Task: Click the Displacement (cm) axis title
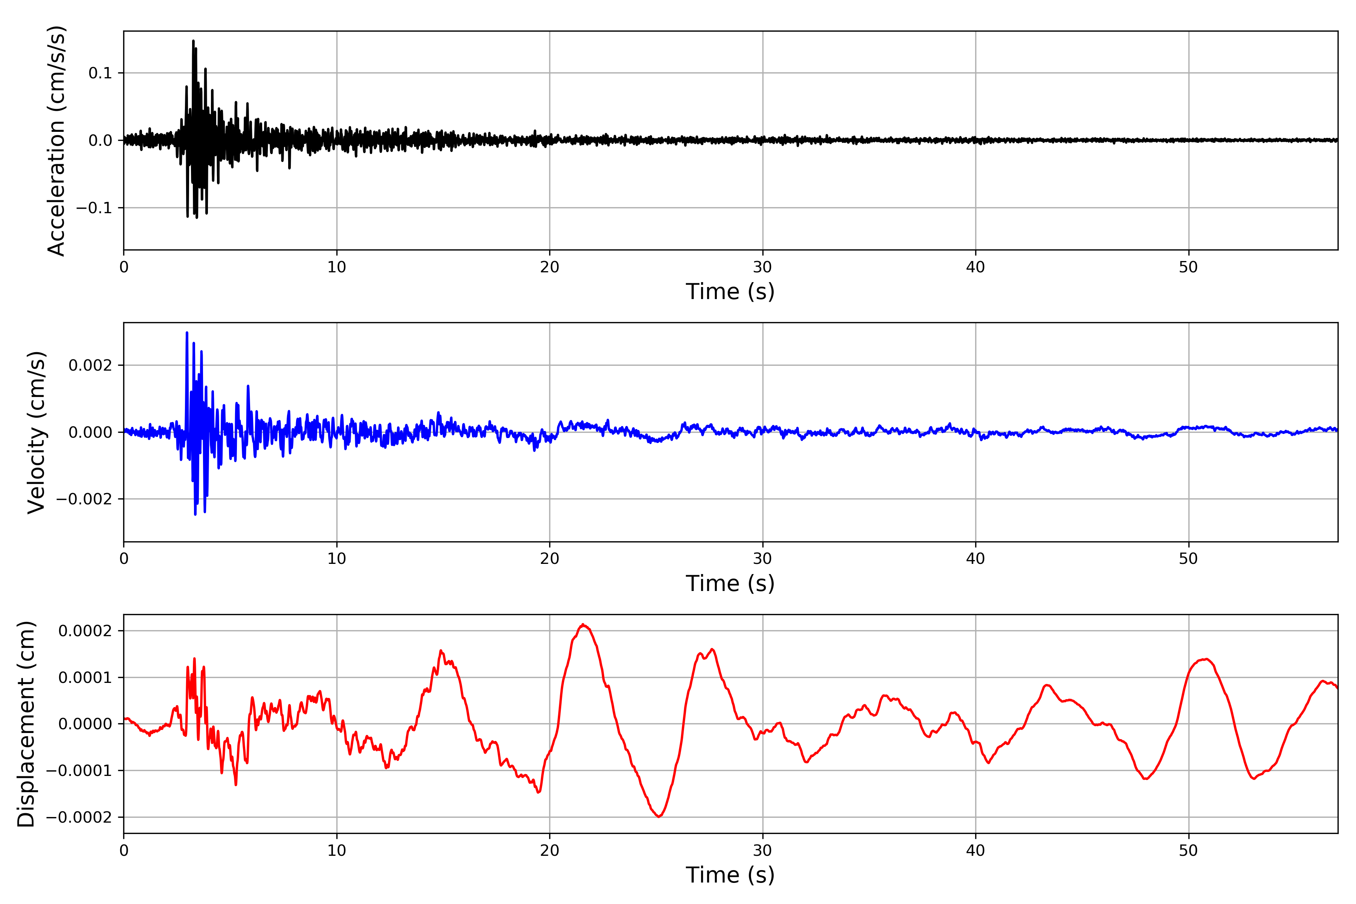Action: (x=26, y=724)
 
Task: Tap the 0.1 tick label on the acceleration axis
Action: (x=100, y=73)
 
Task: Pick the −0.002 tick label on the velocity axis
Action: (x=84, y=499)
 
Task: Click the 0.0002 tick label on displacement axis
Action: (x=85, y=631)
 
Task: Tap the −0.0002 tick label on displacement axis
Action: (x=79, y=817)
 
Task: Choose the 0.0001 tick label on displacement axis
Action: (x=85, y=677)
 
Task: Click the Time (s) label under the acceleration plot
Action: (x=730, y=292)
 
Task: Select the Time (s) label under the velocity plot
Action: (x=730, y=583)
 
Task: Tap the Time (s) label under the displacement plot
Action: (x=730, y=875)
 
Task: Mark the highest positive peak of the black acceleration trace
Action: (x=193, y=41)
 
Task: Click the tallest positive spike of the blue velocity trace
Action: (x=187, y=333)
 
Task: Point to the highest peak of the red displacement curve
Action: (x=583, y=625)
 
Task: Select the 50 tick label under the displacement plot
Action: (x=1188, y=851)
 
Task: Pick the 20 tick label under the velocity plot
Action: (x=550, y=559)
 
